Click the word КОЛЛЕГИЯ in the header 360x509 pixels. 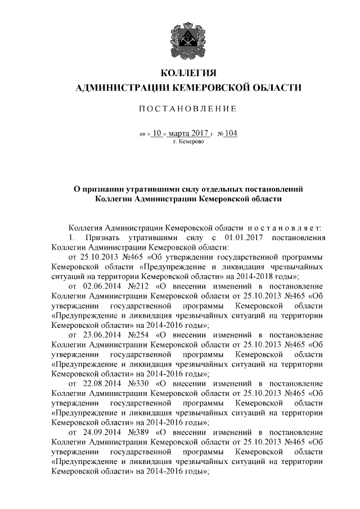[x=188, y=73]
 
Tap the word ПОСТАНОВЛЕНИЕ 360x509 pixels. [x=188, y=108]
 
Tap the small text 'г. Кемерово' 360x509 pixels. [x=188, y=142]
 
